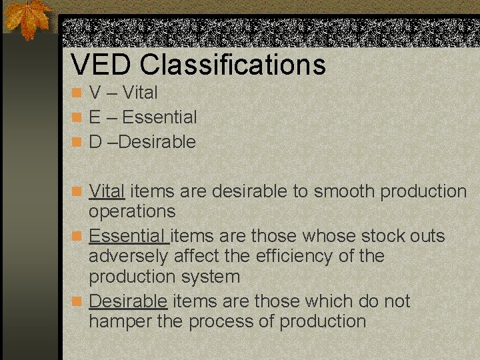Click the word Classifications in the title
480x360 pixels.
pos(233,65)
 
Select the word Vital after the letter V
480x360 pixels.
pos(140,93)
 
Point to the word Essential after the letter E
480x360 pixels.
pos(159,117)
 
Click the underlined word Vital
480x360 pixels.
pos(107,191)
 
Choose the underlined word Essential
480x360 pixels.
pos(128,236)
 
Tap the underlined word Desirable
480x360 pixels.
pos(128,301)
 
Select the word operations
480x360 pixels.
pos(132,211)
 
